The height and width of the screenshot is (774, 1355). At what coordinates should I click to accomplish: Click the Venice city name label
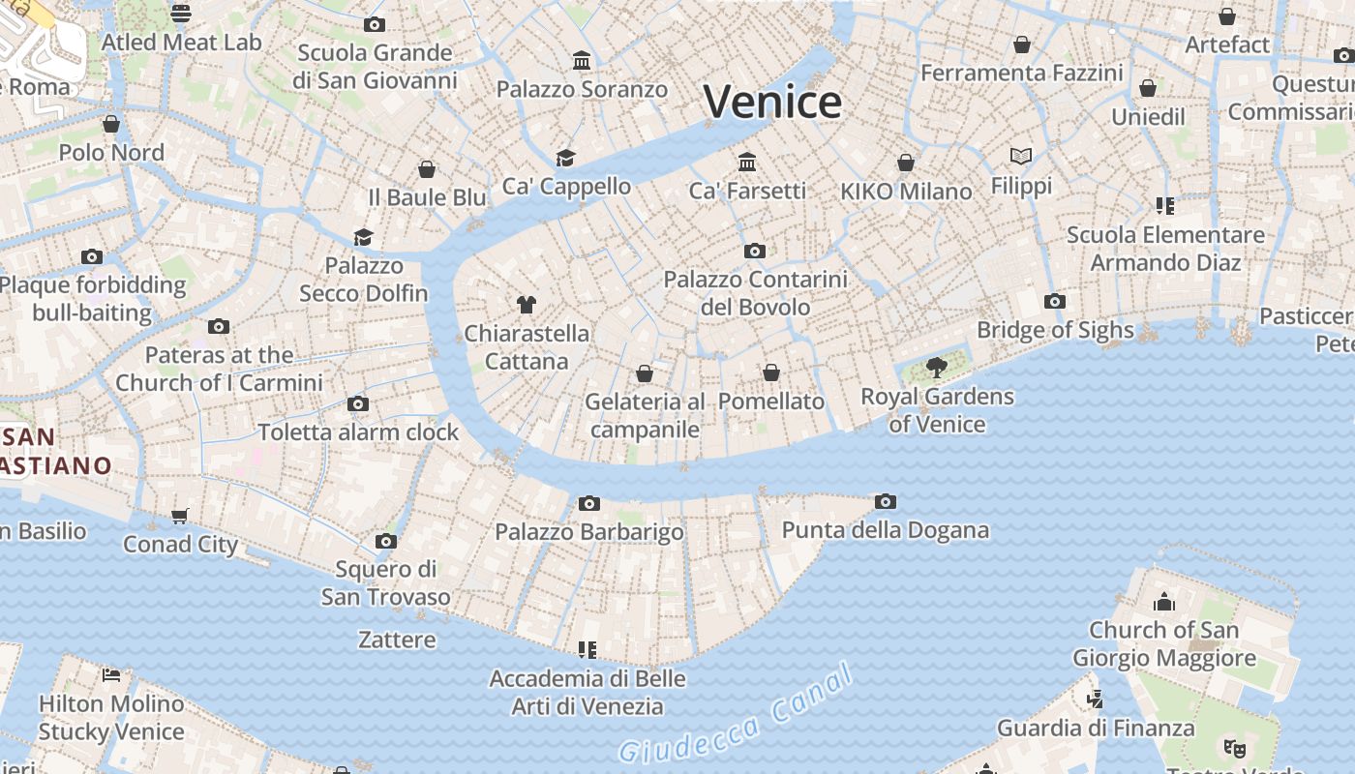tap(772, 102)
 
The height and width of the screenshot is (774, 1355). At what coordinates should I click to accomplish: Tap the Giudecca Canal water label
tap(736, 714)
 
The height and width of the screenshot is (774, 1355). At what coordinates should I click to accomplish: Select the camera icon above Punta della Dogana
tap(885, 501)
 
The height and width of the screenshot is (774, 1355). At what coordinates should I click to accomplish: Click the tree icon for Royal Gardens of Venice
tap(936, 367)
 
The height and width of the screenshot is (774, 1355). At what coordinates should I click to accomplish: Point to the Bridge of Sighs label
tap(1055, 330)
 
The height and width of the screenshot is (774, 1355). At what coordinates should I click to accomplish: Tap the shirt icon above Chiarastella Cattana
tap(526, 305)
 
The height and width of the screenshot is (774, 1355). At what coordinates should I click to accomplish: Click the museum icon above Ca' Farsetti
tap(746, 162)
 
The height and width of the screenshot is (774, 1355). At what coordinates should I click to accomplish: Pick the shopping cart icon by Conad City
tap(179, 516)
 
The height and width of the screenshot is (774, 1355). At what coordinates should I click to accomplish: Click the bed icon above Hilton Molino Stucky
tap(111, 674)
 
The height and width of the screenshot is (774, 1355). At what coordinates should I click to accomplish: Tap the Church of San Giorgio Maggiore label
tap(1164, 644)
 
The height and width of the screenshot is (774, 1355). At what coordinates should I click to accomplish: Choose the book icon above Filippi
tap(1020, 156)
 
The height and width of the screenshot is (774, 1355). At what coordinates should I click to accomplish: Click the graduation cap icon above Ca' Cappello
tap(565, 158)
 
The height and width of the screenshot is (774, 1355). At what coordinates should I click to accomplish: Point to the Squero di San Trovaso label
tap(385, 582)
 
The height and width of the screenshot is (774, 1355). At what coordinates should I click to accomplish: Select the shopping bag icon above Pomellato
tap(770, 372)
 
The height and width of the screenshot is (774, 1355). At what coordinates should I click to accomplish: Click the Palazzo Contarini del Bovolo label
tap(755, 293)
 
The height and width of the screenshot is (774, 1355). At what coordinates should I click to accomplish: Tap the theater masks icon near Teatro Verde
tap(1234, 748)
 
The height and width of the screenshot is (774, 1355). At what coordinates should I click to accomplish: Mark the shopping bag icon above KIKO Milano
tap(905, 163)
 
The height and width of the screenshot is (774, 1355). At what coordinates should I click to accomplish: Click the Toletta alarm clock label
tap(357, 432)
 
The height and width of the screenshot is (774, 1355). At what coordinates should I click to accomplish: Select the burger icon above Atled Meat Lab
tap(181, 13)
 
